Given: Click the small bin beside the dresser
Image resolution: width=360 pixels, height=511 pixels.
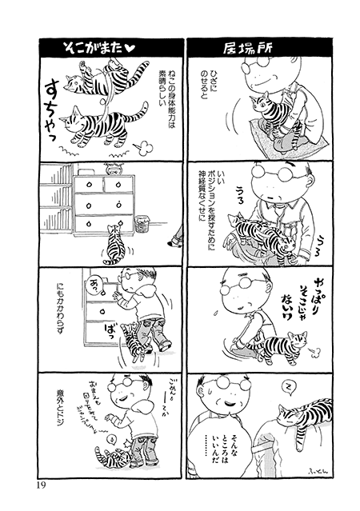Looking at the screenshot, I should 143,222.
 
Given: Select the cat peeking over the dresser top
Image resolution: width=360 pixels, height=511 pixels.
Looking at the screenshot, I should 111,169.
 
